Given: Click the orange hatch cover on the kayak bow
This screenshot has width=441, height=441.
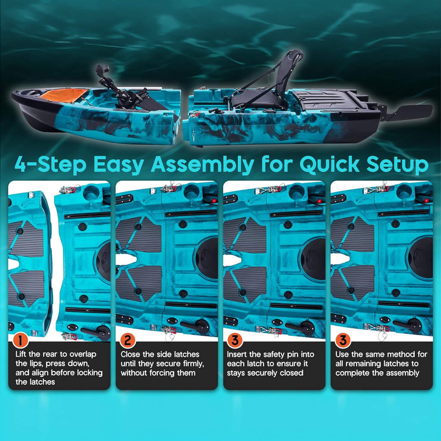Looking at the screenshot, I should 65,95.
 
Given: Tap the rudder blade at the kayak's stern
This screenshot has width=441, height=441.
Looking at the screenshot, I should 413,112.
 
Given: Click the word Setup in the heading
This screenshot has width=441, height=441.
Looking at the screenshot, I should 397,165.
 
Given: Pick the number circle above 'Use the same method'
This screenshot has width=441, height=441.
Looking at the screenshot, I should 342,341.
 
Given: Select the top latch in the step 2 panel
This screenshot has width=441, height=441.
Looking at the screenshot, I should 169,188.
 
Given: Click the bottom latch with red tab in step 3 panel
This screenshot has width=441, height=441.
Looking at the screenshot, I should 269,330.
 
